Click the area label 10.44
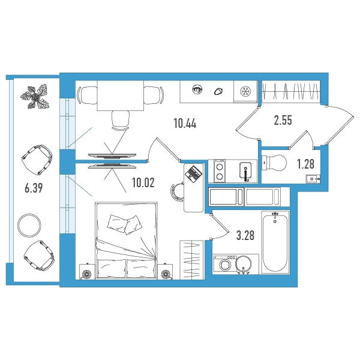pyautogui.click(x=185, y=124)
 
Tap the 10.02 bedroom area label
pyautogui.click(x=143, y=183)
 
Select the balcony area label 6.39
pyautogui.click(x=34, y=188)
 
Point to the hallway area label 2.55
pyautogui.click(x=283, y=120)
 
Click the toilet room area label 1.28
pyautogui.click(x=305, y=164)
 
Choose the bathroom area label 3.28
pyautogui.click(x=245, y=236)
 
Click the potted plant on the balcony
pyautogui.click(x=35, y=97)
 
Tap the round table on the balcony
pyautogui.click(x=29, y=224)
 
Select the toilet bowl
pyautogui.click(x=274, y=163)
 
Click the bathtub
pyautogui.click(x=275, y=242)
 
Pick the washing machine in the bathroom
pyautogui.click(x=224, y=265)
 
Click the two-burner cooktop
pyautogui.click(x=220, y=171)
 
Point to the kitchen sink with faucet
pyautogui.click(x=245, y=171)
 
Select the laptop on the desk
pyautogui.click(x=193, y=173)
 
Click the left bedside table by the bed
pyautogui.click(x=87, y=272)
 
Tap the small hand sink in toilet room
pyautogui.click(x=313, y=179)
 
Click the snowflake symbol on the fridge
pyautogui.click(x=245, y=92)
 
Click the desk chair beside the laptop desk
pyautogui.click(x=177, y=192)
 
